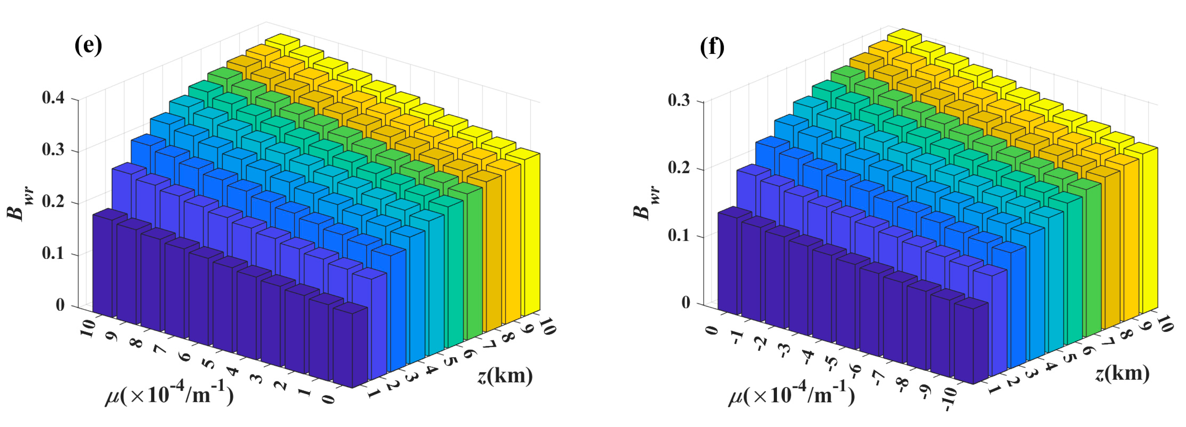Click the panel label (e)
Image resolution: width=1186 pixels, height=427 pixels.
(x=88, y=46)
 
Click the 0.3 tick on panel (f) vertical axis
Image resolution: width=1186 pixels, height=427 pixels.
(x=679, y=101)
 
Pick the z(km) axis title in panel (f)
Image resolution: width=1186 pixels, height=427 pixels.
(x=1122, y=373)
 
